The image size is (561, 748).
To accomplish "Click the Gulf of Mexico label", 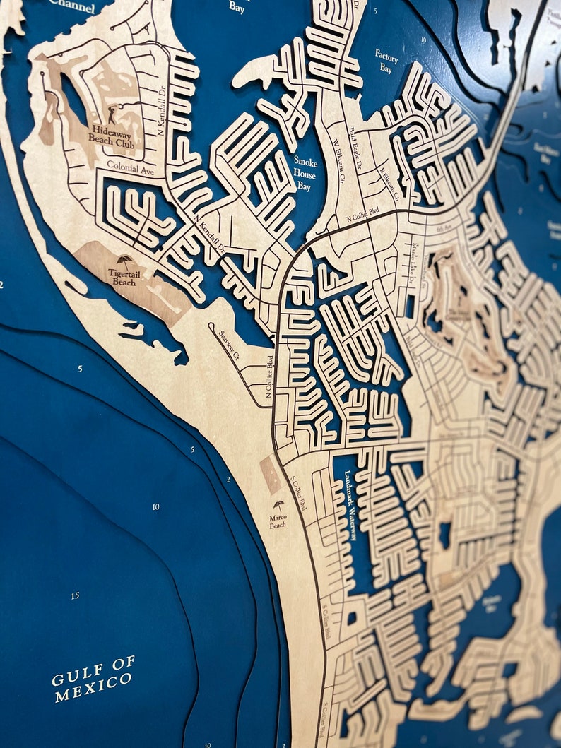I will tap(93, 679).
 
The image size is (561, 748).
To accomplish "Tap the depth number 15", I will tap(75, 596).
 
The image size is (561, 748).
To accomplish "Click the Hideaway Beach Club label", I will tap(112, 134).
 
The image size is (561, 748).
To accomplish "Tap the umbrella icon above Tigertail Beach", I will tap(124, 261).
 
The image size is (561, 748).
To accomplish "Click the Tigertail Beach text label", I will tap(122, 277).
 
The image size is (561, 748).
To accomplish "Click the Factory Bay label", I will tap(386, 61).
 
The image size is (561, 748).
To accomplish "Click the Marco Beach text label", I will tap(278, 521).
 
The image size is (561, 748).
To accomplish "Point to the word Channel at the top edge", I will tap(71, 6).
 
